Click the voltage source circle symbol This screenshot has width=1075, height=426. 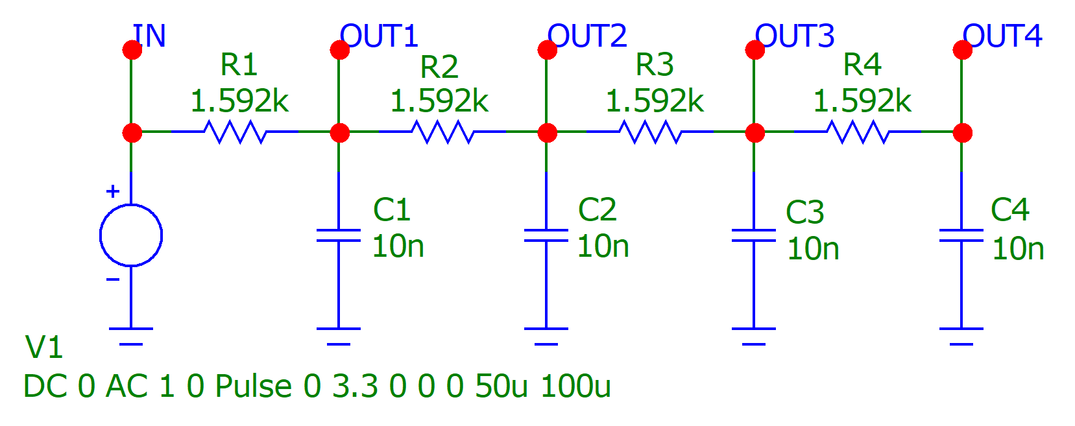[131, 235]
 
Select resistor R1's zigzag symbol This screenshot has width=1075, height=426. [234, 132]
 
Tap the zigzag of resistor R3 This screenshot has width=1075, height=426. [650, 132]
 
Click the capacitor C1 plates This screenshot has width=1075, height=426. [339, 235]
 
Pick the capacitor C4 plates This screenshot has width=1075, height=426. [961, 235]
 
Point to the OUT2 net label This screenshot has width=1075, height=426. [587, 36]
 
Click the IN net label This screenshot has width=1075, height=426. [150, 36]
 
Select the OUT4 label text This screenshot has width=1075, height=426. [1002, 36]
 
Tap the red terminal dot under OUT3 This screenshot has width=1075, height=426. [755, 50]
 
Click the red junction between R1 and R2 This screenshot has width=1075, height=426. [339, 133]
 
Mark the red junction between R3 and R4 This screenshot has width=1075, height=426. [755, 133]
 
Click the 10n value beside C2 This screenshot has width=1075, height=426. [603, 246]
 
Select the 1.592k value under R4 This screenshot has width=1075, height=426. [862, 101]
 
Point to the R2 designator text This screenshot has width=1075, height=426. [439, 67]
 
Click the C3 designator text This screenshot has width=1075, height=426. [804, 212]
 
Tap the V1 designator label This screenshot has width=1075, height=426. [43, 348]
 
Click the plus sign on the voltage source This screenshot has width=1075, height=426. [113, 191]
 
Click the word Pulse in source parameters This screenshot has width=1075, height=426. [253, 386]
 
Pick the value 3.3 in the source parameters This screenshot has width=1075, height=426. [355, 386]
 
